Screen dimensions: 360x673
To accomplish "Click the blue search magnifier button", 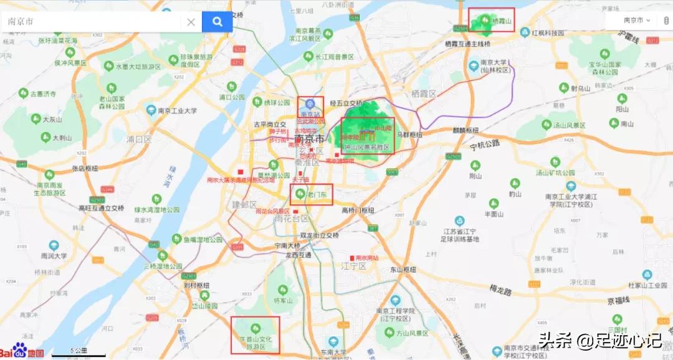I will point(217,22).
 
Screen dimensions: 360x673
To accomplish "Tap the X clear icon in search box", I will point(191,22).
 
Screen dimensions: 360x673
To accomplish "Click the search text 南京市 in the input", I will point(21,22).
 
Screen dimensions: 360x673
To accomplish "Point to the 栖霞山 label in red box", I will point(502,22).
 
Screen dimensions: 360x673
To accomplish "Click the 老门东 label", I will point(317,194).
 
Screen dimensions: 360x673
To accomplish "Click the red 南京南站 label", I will point(367,257).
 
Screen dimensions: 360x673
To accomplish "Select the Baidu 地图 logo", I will point(22,351).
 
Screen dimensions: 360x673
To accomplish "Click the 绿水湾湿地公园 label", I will point(156,210).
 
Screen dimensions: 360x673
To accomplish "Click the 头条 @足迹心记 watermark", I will point(599,341).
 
